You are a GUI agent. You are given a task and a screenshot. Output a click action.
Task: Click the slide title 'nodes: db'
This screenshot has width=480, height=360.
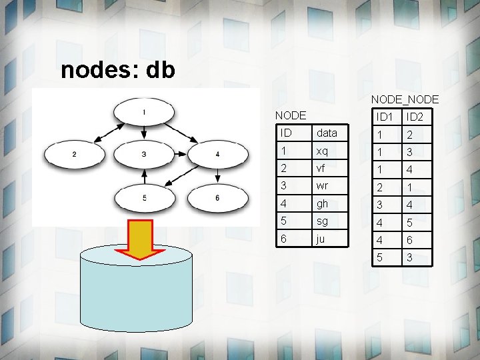pyautogui.click(x=118, y=70)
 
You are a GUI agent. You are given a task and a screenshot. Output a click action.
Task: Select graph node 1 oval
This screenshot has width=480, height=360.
pyautogui.click(x=144, y=112)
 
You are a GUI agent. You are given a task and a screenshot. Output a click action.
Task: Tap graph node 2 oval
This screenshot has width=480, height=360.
pyautogui.click(x=73, y=155)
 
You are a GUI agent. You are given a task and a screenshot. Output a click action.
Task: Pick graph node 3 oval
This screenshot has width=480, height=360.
pyautogui.click(x=144, y=155)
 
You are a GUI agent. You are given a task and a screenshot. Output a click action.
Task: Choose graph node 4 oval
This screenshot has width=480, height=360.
pyautogui.click(x=217, y=155)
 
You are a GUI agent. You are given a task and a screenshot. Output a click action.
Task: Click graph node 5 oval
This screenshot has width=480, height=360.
pyautogui.click(x=144, y=197)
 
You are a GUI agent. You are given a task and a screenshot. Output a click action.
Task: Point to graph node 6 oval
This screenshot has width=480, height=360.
pyautogui.click(x=217, y=197)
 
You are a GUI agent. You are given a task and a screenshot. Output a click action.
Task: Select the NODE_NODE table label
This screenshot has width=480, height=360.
pyautogui.click(x=405, y=99)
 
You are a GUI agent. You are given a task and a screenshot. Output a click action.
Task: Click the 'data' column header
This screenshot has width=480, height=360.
pyautogui.click(x=327, y=133)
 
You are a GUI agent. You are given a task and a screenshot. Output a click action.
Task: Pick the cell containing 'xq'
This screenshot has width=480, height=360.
pyautogui.click(x=323, y=151)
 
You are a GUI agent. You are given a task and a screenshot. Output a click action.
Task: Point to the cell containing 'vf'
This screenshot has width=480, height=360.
pyautogui.click(x=321, y=169)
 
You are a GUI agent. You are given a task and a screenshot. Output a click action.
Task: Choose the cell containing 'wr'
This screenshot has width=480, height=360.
pyautogui.click(x=323, y=186)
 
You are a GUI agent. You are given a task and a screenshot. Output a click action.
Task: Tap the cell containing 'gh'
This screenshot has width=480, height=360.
pyautogui.click(x=323, y=203)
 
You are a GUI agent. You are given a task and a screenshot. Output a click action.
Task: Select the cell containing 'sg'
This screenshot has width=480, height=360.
pyautogui.click(x=323, y=221)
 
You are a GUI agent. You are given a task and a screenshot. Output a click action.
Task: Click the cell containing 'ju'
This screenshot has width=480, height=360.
pyautogui.click(x=321, y=238)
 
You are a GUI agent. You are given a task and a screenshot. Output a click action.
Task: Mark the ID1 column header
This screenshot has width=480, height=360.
pyautogui.click(x=384, y=117)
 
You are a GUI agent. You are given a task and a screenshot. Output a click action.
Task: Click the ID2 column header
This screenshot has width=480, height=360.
pyautogui.click(x=415, y=117)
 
